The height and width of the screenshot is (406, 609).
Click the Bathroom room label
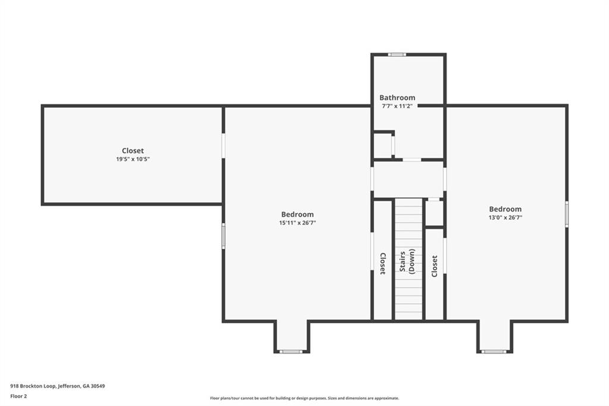coord(397,98)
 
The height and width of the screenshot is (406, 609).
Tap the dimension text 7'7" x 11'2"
coord(397,106)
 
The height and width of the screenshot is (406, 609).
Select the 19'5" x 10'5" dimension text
coord(133,159)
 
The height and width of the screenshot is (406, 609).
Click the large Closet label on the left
coord(133,151)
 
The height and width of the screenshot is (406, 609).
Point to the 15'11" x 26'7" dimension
coord(297,223)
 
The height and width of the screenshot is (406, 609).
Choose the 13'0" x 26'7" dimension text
coord(506,218)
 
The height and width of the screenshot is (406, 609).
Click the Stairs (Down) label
coord(407,262)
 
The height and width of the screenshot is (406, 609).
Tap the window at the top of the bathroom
coord(397,55)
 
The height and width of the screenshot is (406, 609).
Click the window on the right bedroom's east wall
coord(567,214)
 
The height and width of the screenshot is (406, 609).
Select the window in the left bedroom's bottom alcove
coord(291,352)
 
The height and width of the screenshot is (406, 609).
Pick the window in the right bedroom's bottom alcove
coord(494,352)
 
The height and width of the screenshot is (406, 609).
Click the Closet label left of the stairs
coord(382,264)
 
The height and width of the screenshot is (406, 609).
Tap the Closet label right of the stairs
coord(435,266)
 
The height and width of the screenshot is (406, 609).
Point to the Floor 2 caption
coord(18,396)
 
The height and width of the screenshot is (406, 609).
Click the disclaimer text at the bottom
coord(304,398)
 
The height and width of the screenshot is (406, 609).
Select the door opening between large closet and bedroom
coord(224,146)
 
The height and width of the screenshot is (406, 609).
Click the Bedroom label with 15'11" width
coord(297,214)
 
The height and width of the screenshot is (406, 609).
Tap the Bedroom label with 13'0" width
coord(506,209)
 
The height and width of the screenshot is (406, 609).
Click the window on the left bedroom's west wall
coord(224,236)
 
